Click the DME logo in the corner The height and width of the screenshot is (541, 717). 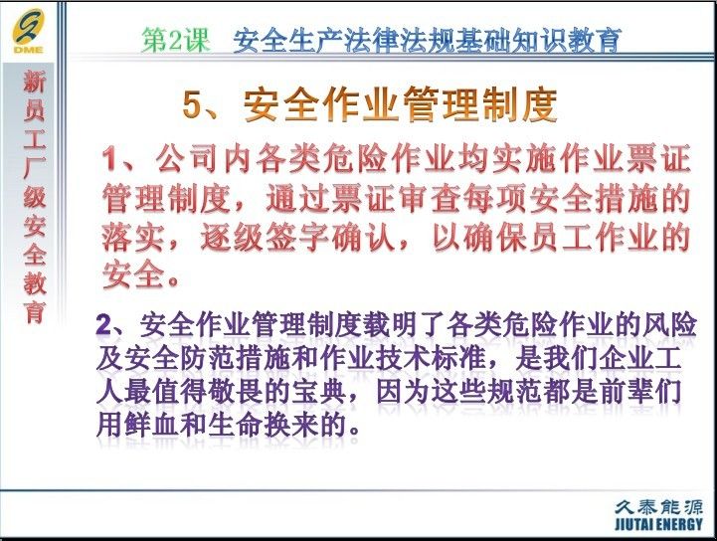point(29,31)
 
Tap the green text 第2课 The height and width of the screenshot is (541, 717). point(176,40)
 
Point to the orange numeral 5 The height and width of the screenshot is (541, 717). point(192,104)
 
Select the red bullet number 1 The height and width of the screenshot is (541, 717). point(109,159)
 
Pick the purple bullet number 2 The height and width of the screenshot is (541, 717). point(104,325)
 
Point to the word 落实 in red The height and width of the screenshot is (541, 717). point(132,238)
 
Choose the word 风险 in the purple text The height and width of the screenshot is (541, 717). point(669,325)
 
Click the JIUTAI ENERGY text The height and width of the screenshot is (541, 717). point(658,524)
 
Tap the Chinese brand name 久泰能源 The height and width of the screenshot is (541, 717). point(658,507)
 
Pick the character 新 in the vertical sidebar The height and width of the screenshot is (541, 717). point(34,82)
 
